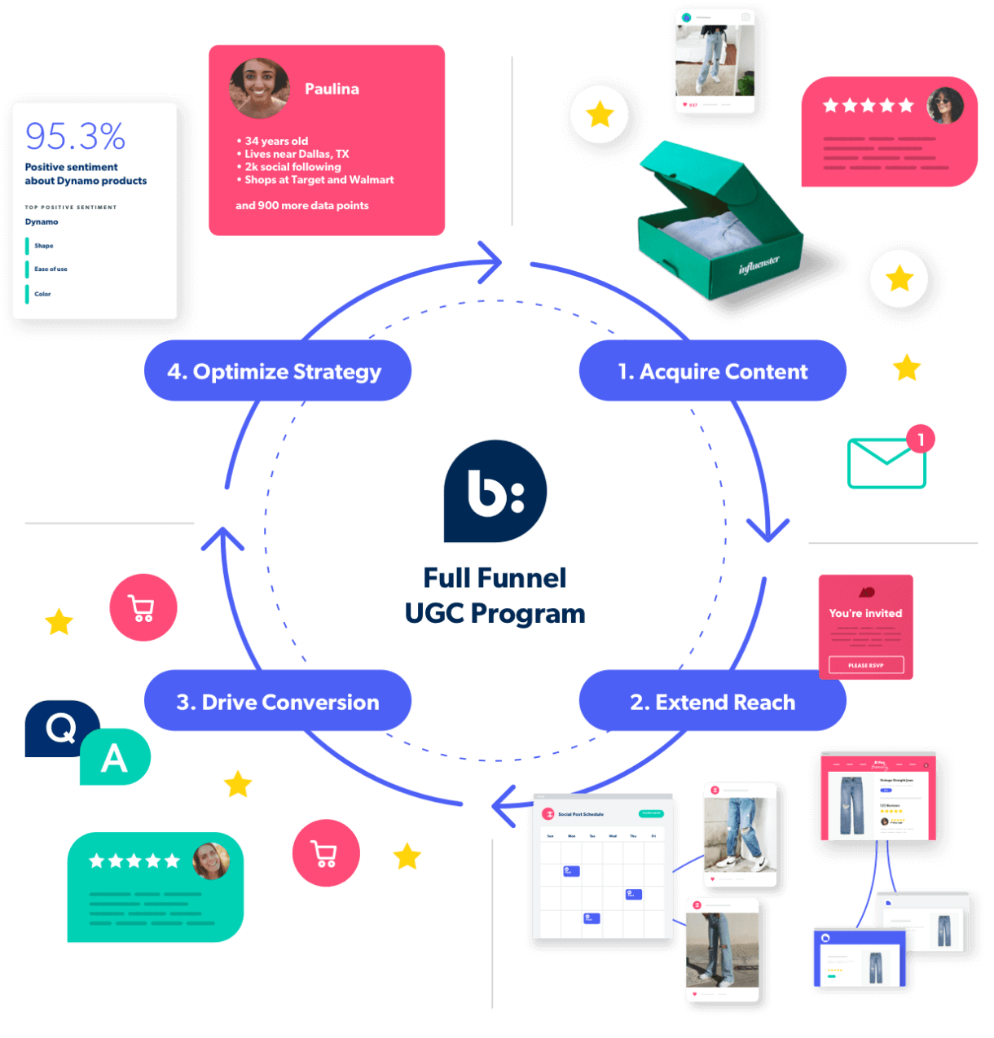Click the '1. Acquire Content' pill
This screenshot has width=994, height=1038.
(x=712, y=371)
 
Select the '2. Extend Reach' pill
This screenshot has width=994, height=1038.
(x=712, y=702)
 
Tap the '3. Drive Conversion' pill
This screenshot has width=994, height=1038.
(x=278, y=702)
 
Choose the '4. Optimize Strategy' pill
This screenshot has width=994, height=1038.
(x=275, y=371)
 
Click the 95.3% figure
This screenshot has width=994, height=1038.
(x=75, y=136)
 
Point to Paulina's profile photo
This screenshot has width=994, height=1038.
(x=260, y=88)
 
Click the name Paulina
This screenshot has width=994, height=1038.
(x=332, y=89)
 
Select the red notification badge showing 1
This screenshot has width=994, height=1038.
(x=921, y=440)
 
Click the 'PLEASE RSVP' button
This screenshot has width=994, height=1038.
(x=865, y=665)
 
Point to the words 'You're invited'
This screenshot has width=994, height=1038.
(x=865, y=613)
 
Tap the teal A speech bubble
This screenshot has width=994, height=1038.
(x=115, y=758)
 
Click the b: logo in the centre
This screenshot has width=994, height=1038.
(x=495, y=491)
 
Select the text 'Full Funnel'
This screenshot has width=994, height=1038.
(x=495, y=577)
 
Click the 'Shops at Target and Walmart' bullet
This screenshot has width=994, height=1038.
(x=319, y=180)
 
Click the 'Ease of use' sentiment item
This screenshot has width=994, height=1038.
(x=51, y=269)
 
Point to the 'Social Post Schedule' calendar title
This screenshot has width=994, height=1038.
(x=580, y=814)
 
